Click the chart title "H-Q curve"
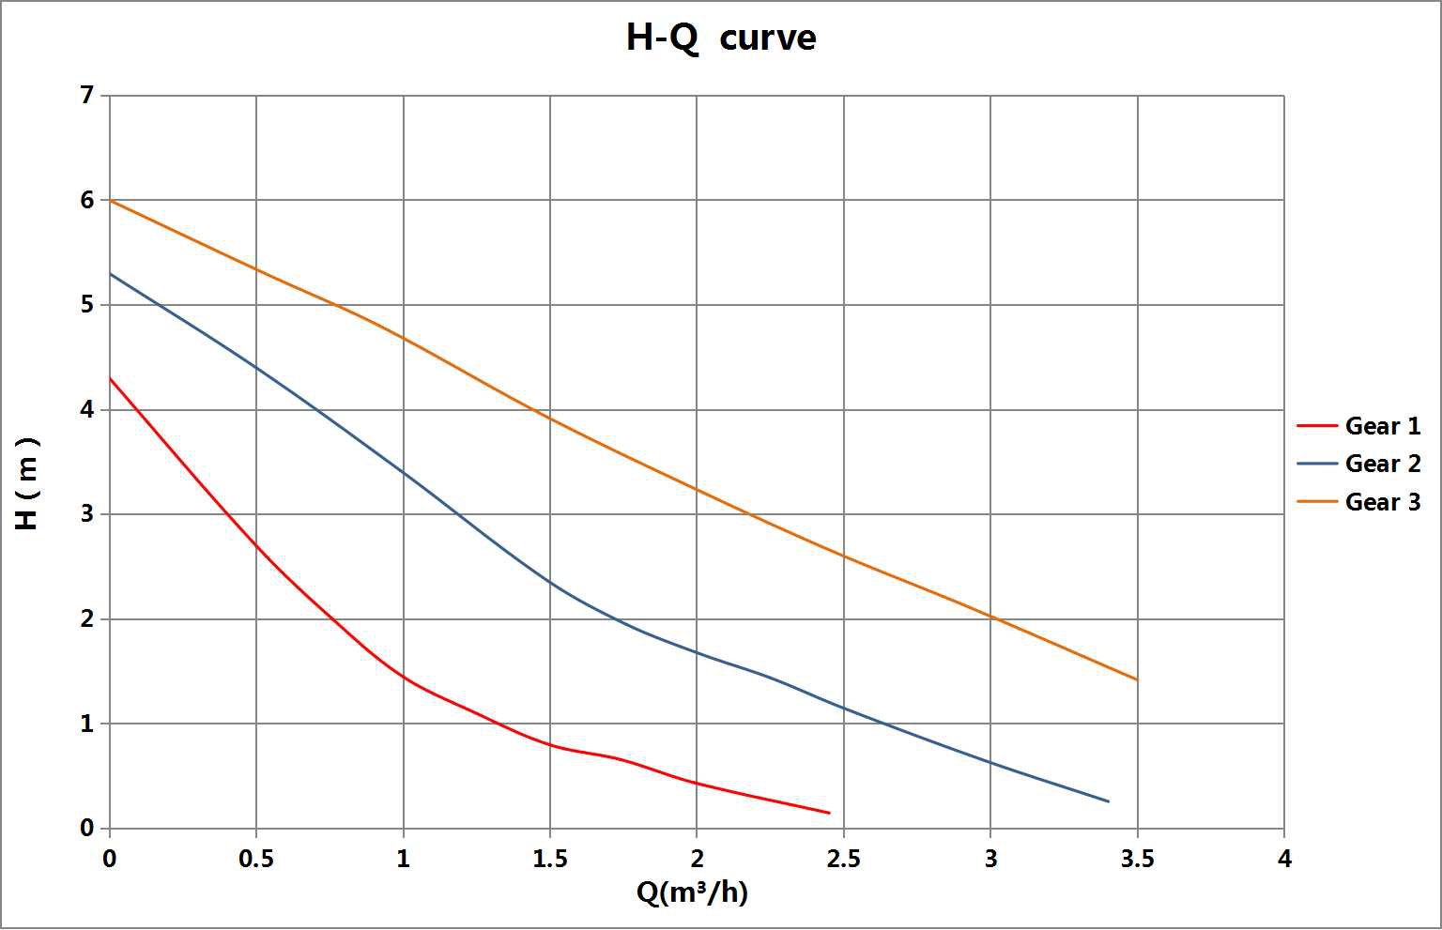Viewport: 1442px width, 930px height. [x=720, y=38]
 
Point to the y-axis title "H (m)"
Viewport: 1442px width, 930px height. [x=28, y=483]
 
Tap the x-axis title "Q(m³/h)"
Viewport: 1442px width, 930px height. [x=692, y=892]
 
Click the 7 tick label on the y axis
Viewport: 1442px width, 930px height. [x=87, y=96]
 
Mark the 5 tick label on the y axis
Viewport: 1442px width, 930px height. [x=87, y=305]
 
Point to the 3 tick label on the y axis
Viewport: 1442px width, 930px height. [x=87, y=514]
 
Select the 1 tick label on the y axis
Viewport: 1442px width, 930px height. [x=87, y=724]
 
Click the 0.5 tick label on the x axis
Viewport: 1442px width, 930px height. [x=256, y=859]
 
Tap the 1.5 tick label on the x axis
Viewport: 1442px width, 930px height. [x=550, y=859]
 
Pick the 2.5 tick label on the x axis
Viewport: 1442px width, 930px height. [x=843, y=859]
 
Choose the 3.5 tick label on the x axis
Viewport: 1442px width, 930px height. [x=1137, y=859]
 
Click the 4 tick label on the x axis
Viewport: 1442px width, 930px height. [x=1284, y=859]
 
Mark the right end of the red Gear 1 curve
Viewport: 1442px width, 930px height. [x=829, y=813]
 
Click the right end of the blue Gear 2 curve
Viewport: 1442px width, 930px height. [x=1108, y=801]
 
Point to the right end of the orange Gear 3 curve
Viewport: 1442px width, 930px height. [x=1137, y=679]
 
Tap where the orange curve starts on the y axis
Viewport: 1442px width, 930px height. [x=111, y=201]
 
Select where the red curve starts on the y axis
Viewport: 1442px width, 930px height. [x=111, y=378]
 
